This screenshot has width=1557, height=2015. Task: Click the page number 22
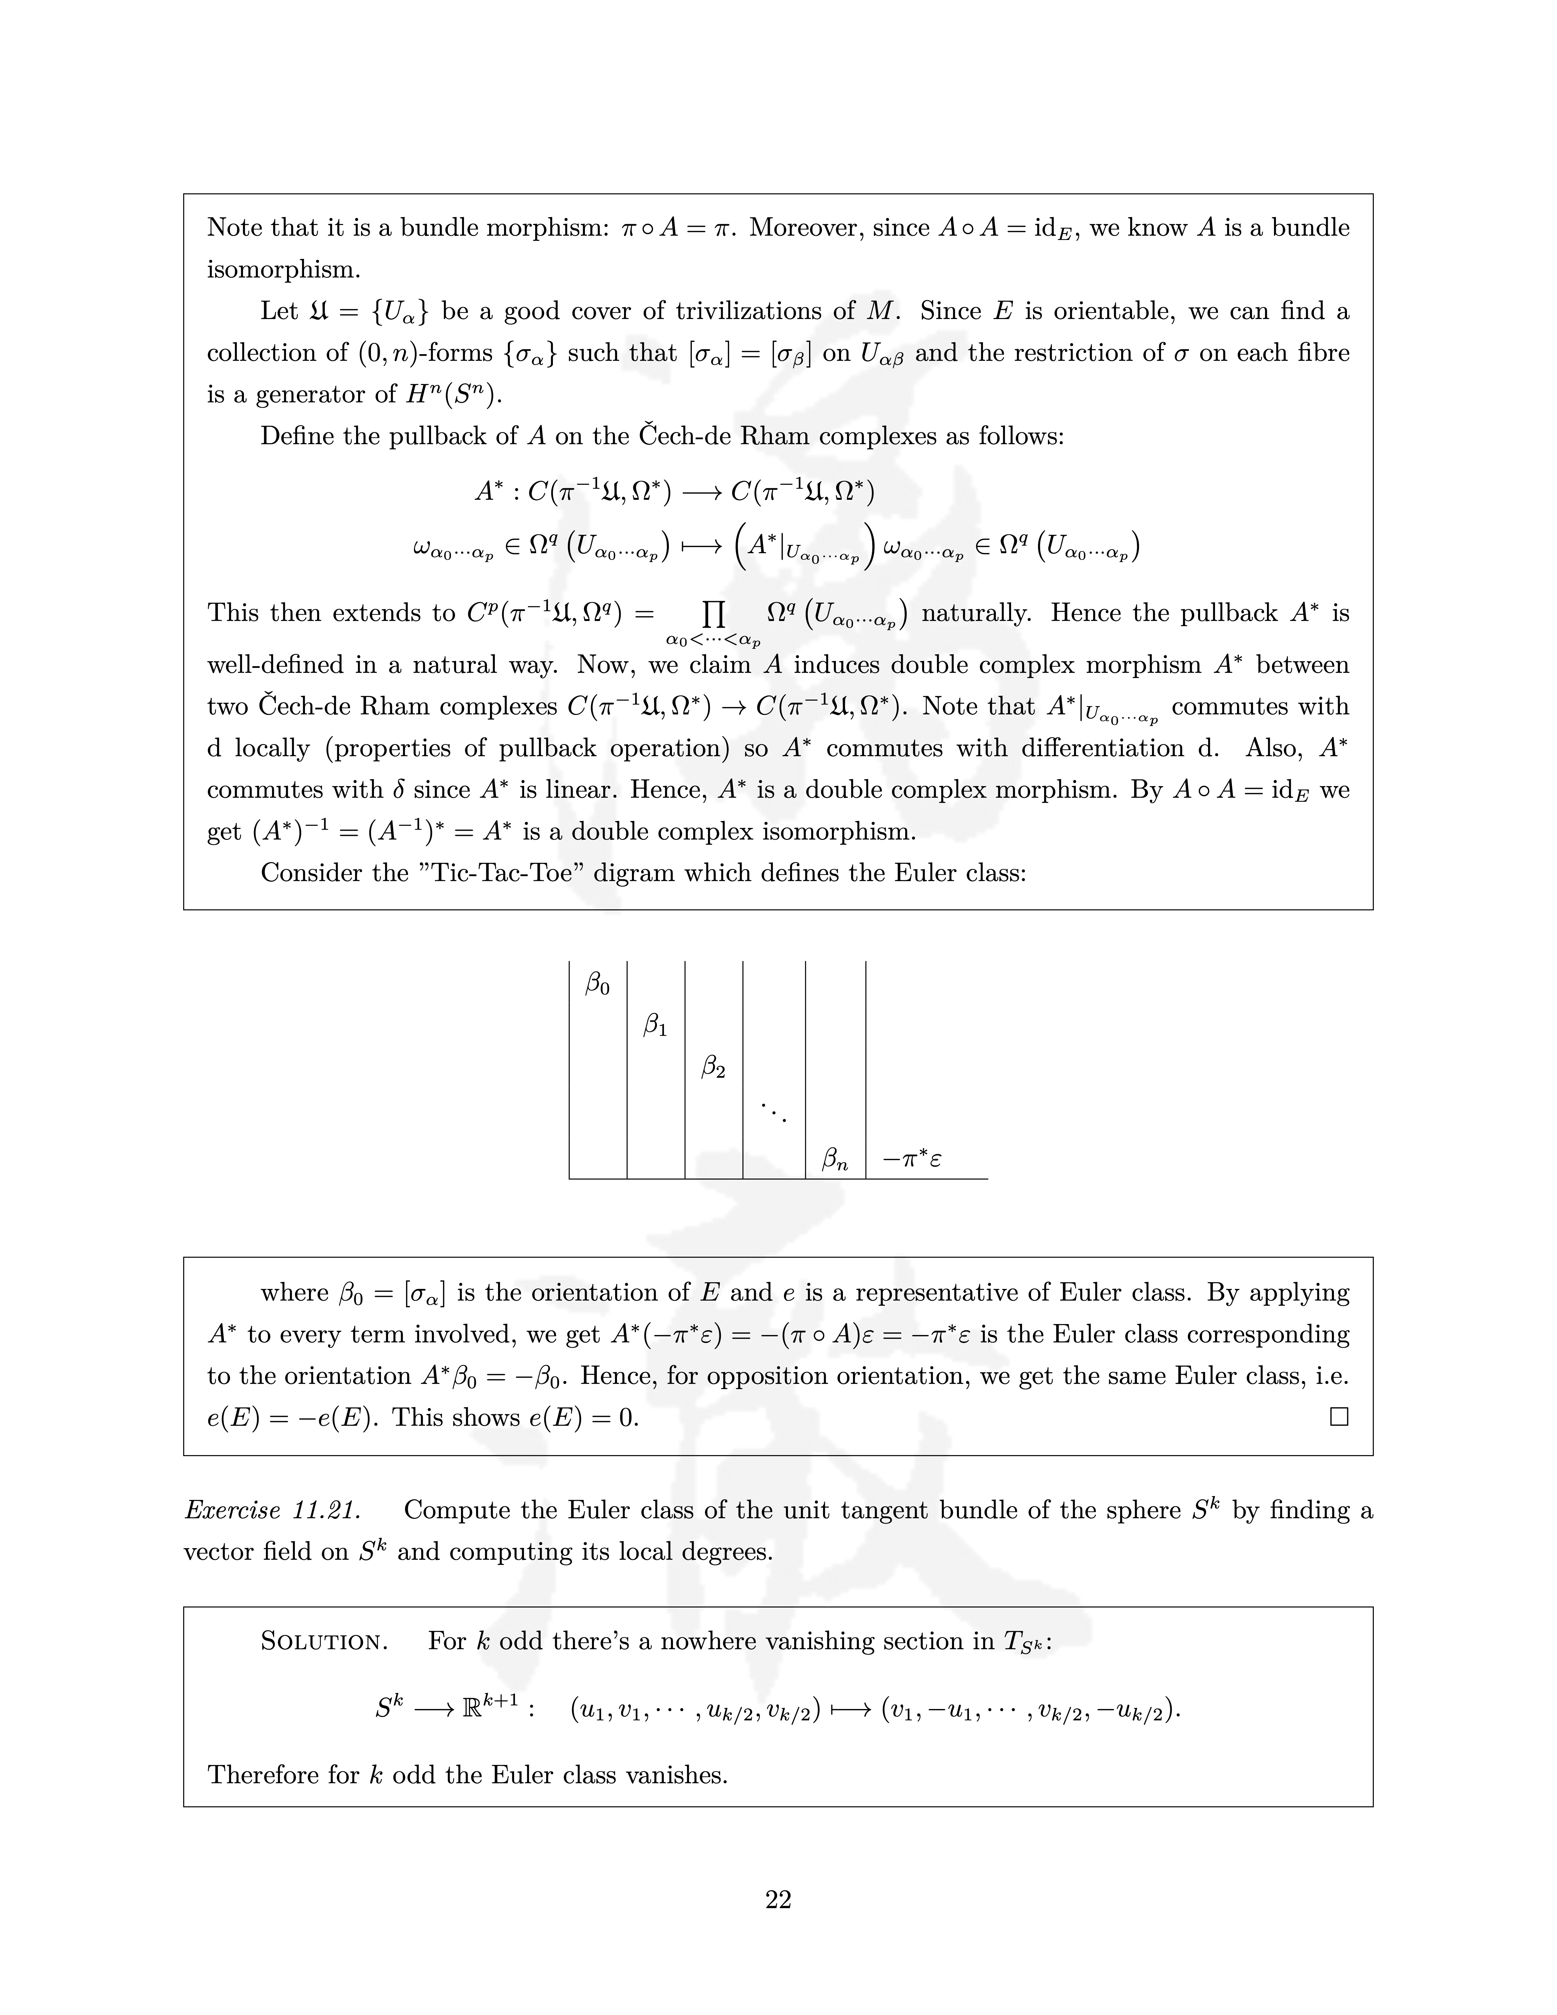click(778, 1900)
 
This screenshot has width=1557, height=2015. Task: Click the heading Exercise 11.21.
click(272, 1510)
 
